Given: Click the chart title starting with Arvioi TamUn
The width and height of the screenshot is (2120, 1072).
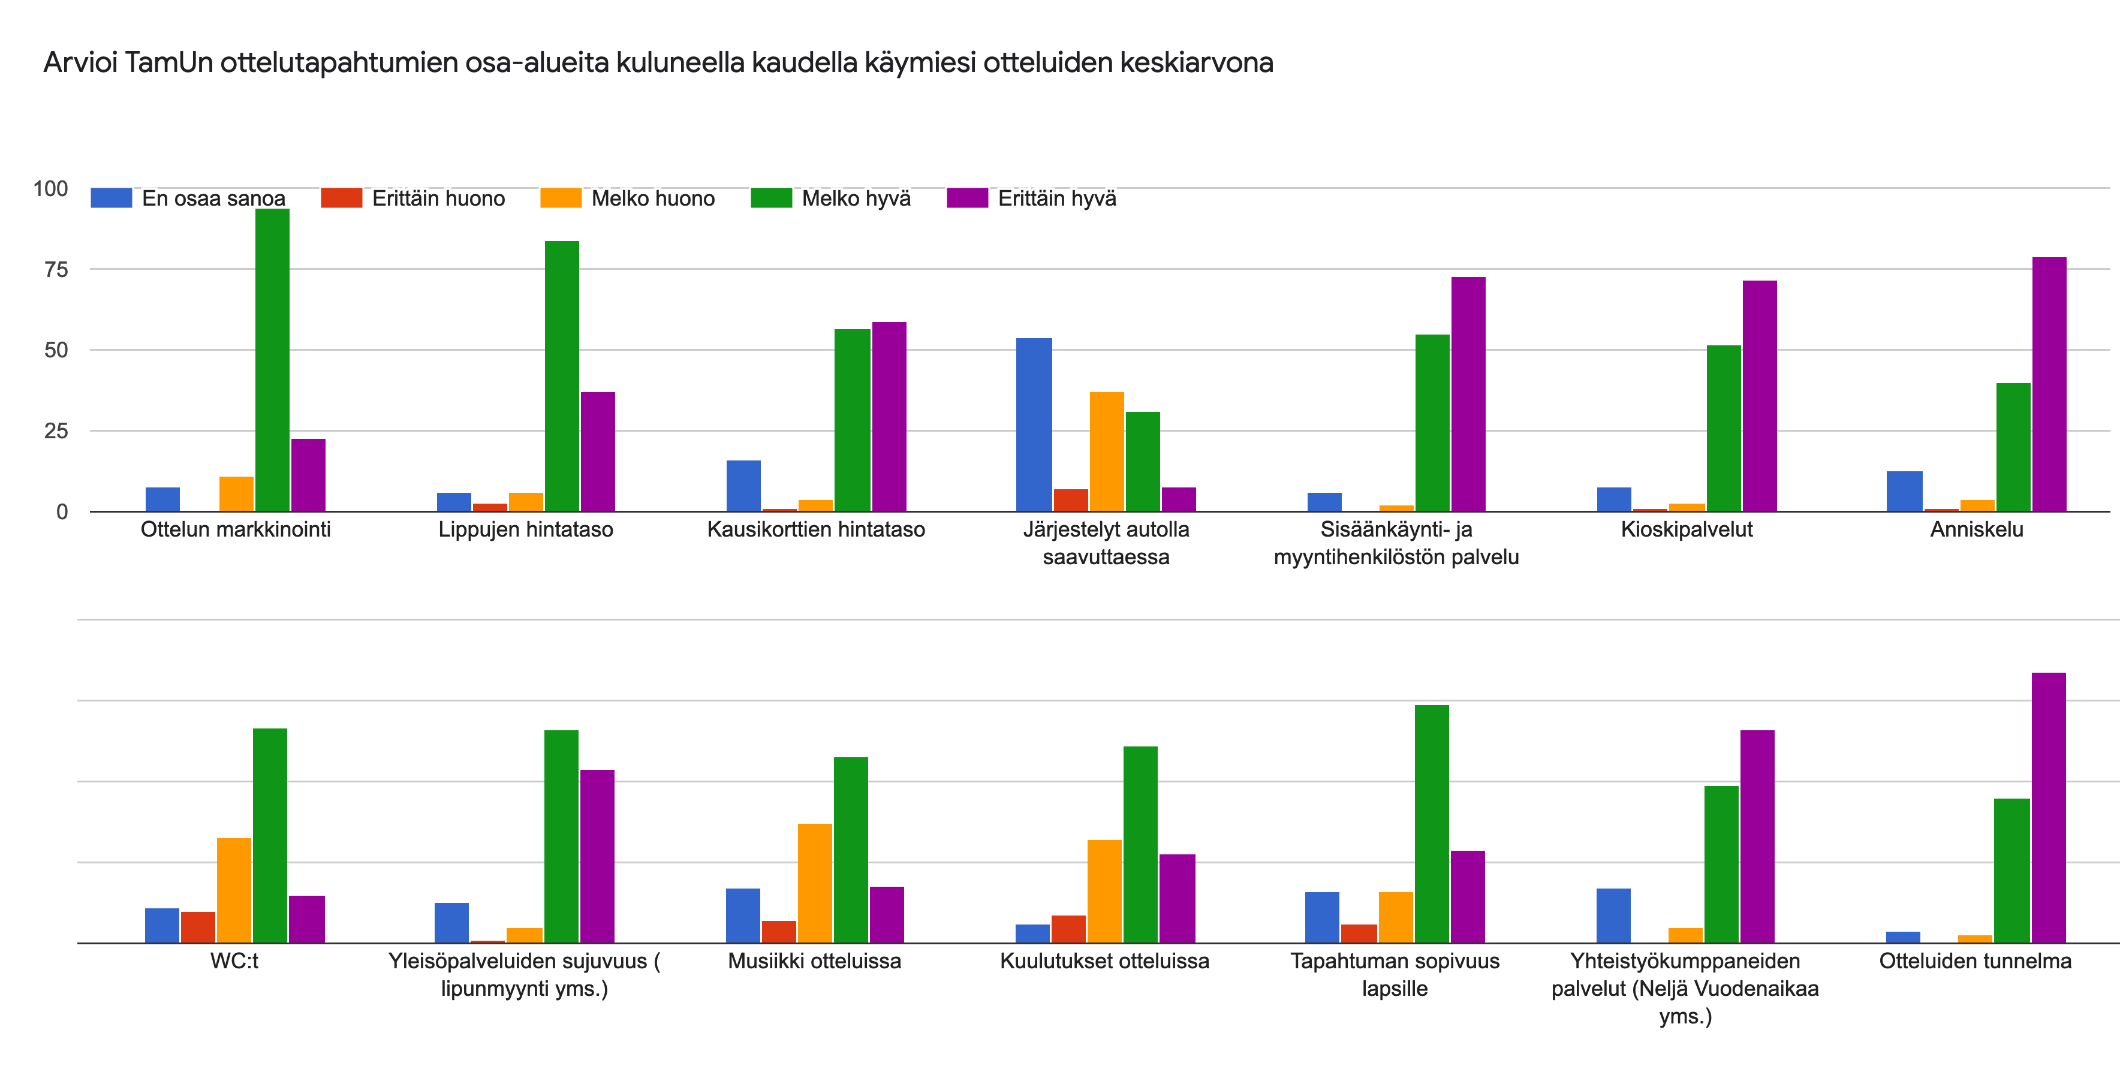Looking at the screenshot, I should point(658,62).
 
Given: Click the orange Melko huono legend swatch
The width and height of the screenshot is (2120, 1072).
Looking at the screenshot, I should point(561,198).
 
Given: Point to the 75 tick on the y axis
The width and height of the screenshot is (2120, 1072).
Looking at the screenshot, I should point(56,269).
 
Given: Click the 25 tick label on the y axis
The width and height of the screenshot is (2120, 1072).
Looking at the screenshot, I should point(56,430).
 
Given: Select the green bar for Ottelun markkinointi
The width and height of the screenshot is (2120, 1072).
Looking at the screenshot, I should point(272,360).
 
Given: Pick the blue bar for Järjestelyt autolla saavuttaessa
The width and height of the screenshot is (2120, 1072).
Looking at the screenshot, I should point(1034,424).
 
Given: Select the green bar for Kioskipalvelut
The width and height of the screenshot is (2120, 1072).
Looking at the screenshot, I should point(1723,428).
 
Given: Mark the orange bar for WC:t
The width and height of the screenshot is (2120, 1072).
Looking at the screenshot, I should point(234,890).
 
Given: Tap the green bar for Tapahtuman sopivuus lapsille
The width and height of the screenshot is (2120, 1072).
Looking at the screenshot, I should point(1432,824).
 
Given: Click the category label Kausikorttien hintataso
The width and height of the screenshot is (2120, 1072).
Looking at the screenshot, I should point(815,529).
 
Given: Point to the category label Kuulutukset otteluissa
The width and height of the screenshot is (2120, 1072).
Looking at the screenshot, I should point(1104,961).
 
